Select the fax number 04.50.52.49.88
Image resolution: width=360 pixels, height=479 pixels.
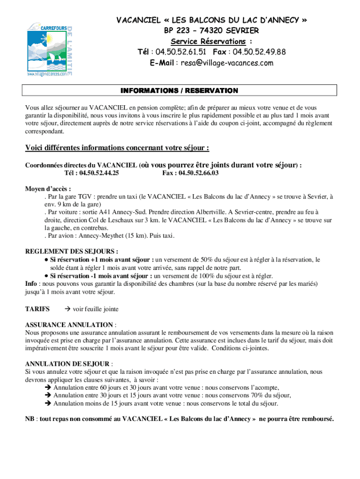259,51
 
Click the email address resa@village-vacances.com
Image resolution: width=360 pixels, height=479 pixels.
224,63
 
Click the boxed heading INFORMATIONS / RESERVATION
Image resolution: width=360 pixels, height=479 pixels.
180,90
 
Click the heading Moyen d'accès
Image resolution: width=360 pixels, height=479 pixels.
48,189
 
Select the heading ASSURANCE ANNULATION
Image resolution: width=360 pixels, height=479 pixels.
69,325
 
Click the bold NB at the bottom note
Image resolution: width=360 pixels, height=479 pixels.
30,419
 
